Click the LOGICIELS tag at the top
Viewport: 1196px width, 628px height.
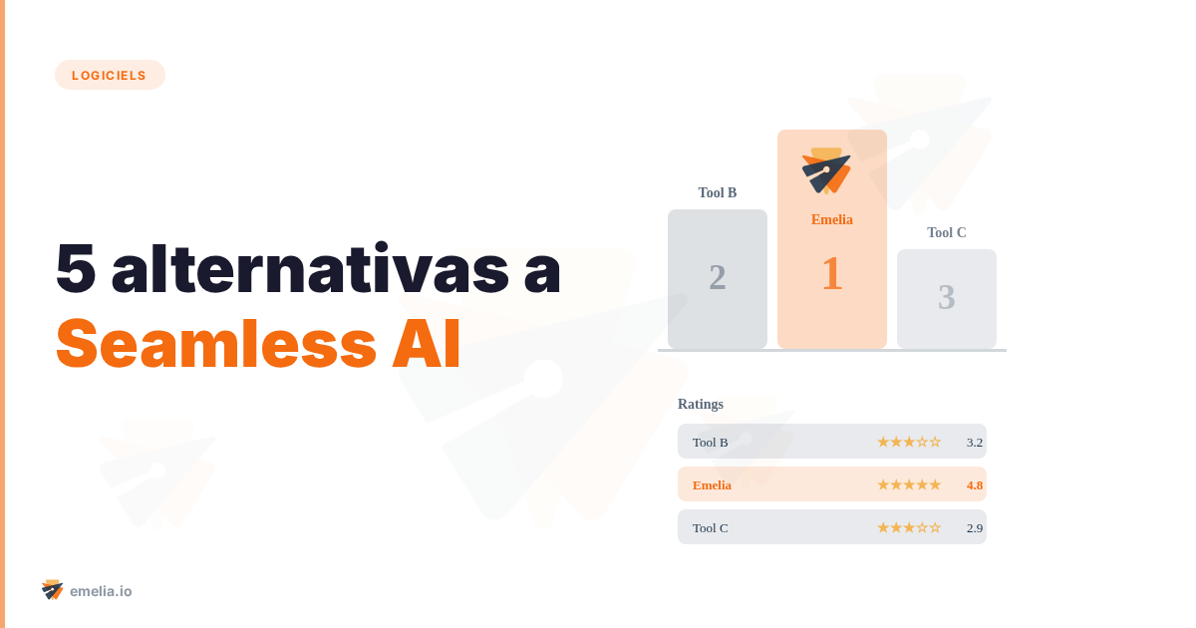pos(110,75)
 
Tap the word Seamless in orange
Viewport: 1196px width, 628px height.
pos(216,344)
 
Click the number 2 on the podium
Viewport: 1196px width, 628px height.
pos(718,277)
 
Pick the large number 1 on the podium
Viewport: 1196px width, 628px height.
pos(831,273)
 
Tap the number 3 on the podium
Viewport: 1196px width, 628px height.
pos(946,297)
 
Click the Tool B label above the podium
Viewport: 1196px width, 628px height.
pos(718,192)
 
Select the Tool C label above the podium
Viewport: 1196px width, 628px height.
pos(946,232)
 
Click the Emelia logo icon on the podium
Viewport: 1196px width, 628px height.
pos(826,170)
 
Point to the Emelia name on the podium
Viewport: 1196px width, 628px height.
pos(831,219)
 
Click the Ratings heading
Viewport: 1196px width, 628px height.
pos(701,404)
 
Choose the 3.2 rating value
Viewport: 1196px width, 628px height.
pos(974,442)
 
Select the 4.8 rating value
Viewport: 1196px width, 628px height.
pos(974,484)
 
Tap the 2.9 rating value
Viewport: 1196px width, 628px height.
pos(974,527)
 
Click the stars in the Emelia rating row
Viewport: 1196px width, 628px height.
pos(908,484)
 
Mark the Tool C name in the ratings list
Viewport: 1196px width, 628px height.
pos(710,527)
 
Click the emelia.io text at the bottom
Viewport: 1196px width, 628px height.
pos(101,591)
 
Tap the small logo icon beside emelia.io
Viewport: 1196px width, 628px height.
pos(52,590)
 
